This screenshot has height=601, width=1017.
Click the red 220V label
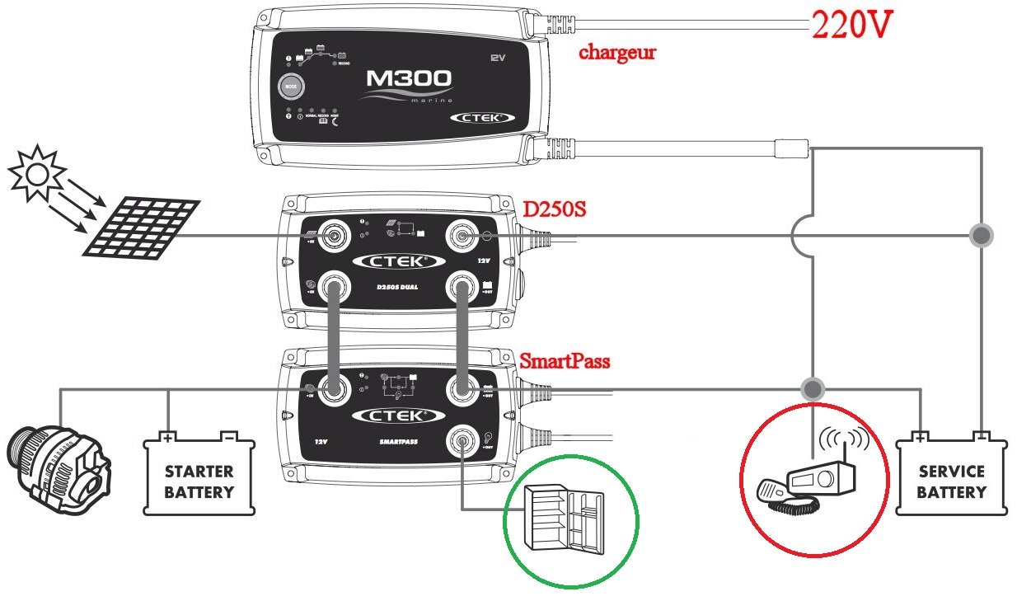(x=852, y=26)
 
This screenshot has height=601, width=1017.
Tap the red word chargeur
(x=617, y=53)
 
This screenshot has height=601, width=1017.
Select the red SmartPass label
(x=565, y=361)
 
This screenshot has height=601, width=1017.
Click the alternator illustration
(x=58, y=473)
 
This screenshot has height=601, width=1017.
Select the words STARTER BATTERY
(x=199, y=482)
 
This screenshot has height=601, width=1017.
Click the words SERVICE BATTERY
(x=951, y=482)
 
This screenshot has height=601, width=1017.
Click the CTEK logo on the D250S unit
(x=393, y=261)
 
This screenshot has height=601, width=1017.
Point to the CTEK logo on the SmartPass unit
(x=393, y=415)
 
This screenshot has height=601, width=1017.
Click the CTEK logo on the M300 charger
(x=478, y=118)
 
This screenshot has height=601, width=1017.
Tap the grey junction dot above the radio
(x=813, y=387)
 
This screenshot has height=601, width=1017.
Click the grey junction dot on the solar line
(x=981, y=236)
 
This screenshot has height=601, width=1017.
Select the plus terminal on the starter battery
(x=168, y=438)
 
